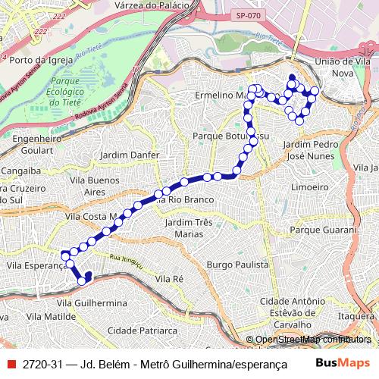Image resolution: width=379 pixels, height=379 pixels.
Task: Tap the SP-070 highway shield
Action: coord(245,15)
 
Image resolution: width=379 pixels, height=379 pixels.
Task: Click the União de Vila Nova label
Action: coord(334,64)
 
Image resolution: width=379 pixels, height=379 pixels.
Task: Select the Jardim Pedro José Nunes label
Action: coord(309,149)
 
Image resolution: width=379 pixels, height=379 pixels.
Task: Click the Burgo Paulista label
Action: coord(238,265)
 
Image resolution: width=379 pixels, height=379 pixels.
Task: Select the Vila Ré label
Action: coord(169,279)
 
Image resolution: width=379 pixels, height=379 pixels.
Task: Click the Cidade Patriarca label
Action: coord(143,330)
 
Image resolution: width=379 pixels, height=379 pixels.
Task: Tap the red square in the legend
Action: coord(11,364)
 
